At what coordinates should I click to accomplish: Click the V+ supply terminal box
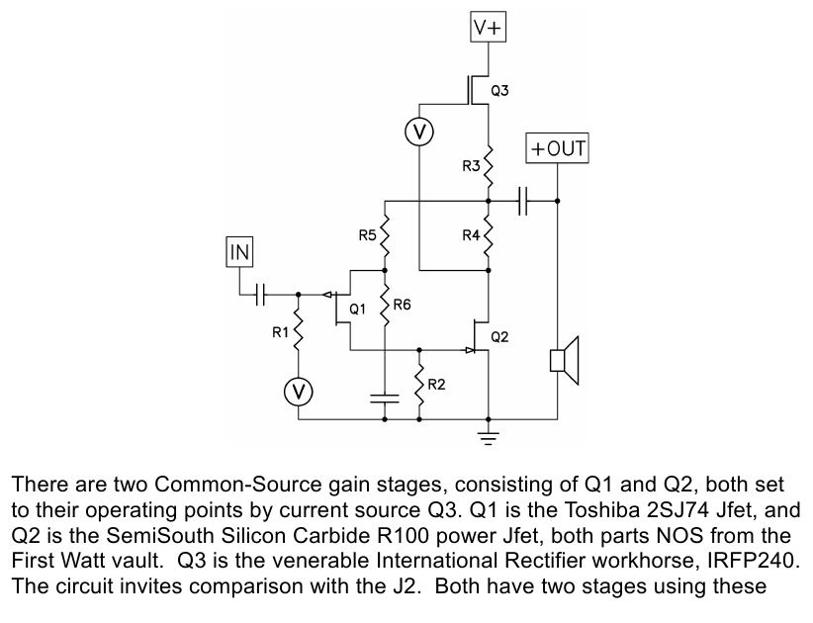pos(488,29)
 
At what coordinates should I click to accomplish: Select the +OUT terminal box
pos(557,149)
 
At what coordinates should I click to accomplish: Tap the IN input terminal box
pos(240,252)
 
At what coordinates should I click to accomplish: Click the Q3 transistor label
pos(500,92)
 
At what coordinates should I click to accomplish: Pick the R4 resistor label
pos(471,235)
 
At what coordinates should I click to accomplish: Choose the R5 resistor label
pos(367,235)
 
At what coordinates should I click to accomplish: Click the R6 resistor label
pos(402,306)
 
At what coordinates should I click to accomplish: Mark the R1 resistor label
pos(281,333)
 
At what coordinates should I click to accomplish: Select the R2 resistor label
pos(437,384)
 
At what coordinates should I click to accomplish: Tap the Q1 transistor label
pos(358,310)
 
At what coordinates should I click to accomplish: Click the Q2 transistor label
pos(500,337)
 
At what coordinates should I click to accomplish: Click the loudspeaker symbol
pos(564,359)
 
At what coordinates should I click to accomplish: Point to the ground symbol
pos(489,436)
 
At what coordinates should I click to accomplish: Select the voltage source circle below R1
pos(298,392)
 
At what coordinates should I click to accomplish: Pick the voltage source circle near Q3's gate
pos(419,132)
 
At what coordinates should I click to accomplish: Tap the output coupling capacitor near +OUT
pos(524,201)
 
